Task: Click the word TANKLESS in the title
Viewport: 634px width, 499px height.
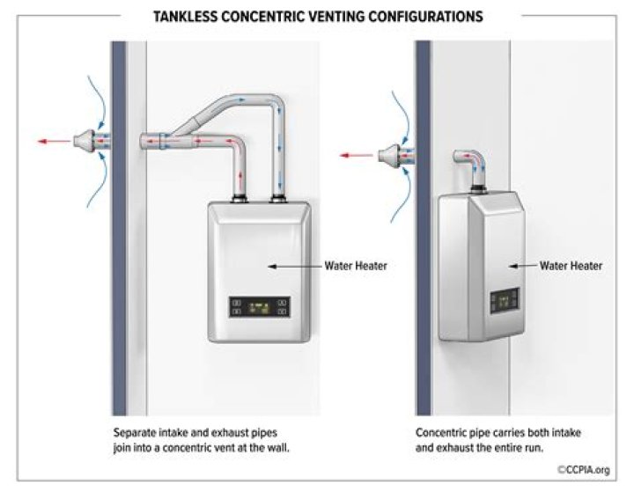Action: click(x=185, y=17)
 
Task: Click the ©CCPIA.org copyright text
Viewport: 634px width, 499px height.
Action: click(x=584, y=470)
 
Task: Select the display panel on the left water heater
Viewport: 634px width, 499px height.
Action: click(x=259, y=307)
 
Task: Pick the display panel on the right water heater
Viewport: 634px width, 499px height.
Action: click(x=505, y=301)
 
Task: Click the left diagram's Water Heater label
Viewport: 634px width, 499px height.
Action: click(x=356, y=266)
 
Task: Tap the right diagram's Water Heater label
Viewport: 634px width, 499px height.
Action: click(x=571, y=266)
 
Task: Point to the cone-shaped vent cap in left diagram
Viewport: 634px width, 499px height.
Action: click(x=85, y=141)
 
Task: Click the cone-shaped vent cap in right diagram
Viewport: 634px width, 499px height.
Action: click(x=389, y=155)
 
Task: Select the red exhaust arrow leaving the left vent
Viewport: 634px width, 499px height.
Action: click(x=54, y=142)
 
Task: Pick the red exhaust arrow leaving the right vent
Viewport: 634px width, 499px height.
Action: click(x=357, y=155)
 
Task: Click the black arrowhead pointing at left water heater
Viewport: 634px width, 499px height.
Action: click(x=272, y=267)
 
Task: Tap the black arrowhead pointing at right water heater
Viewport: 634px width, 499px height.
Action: click(x=513, y=267)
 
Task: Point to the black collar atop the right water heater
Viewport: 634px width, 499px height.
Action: click(x=478, y=187)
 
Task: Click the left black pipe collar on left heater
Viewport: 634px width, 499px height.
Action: click(x=240, y=198)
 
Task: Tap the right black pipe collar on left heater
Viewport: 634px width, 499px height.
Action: click(x=277, y=198)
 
